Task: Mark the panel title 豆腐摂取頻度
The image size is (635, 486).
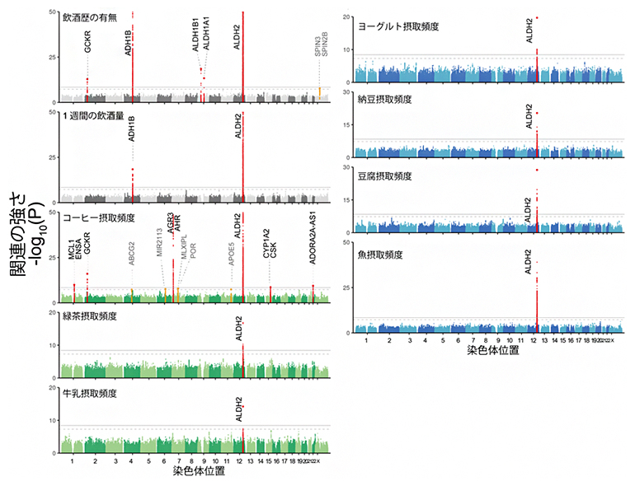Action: tap(384, 176)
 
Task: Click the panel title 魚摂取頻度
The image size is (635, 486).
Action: tap(379, 255)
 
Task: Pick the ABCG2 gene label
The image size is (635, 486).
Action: tap(131, 253)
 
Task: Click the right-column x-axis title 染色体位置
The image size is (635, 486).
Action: tap(493, 350)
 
